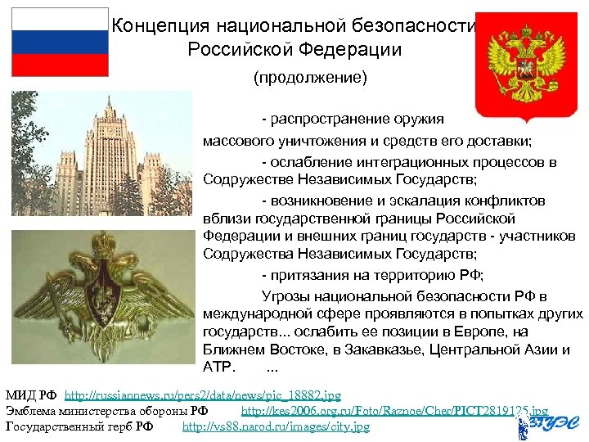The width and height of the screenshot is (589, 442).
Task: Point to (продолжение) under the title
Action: (310, 79)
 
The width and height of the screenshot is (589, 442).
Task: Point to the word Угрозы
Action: (286, 296)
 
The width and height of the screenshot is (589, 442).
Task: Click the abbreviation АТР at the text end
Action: (218, 366)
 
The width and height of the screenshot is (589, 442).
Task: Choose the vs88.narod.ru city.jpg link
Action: (276, 426)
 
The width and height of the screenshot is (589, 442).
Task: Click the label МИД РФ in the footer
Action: (30, 395)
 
